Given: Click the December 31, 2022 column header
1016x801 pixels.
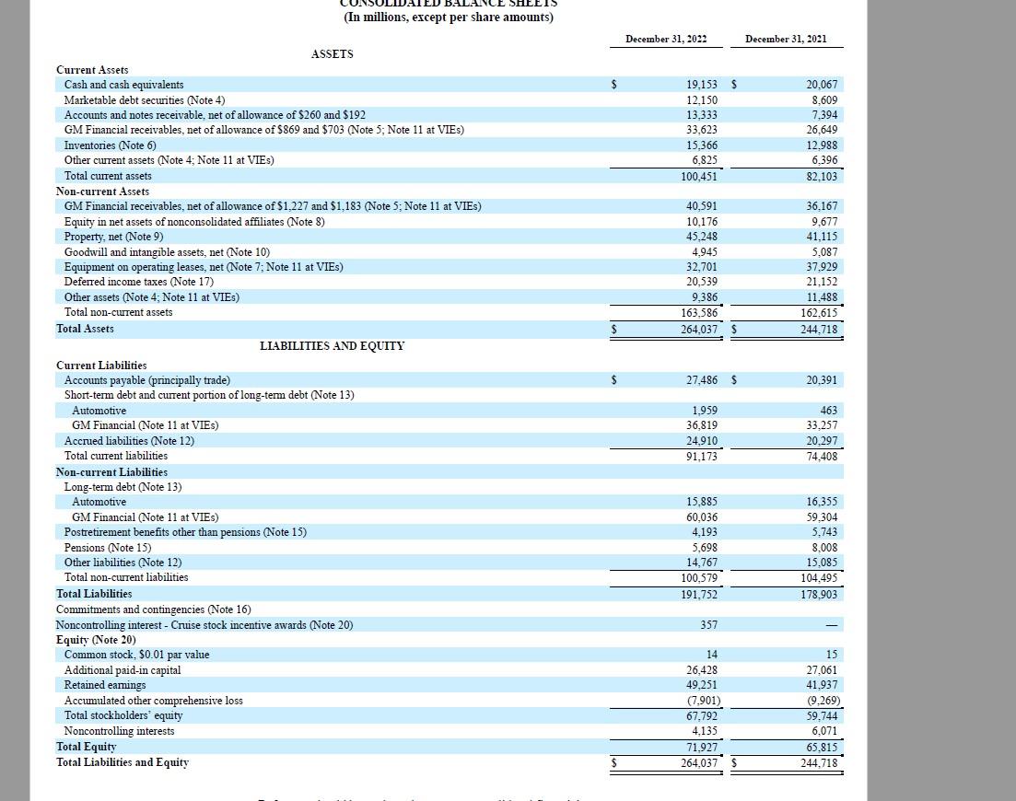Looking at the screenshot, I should pyautogui.click(x=666, y=39).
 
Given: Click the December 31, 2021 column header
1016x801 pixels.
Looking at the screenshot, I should pyautogui.click(x=786, y=39).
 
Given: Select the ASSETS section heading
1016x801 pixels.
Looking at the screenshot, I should pyautogui.click(x=332, y=54).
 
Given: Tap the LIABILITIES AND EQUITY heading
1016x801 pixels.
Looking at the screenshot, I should pyautogui.click(x=332, y=346).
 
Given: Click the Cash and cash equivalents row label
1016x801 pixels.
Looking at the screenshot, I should pyautogui.click(x=123, y=85).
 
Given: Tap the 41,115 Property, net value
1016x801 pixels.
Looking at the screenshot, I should pyautogui.click(x=821, y=237).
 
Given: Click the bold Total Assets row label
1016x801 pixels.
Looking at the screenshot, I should pyautogui.click(x=85, y=328).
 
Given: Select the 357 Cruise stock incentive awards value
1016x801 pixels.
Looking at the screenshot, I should pyautogui.click(x=708, y=625).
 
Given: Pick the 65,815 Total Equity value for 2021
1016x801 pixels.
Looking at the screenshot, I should pyautogui.click(x=821, y=748).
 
